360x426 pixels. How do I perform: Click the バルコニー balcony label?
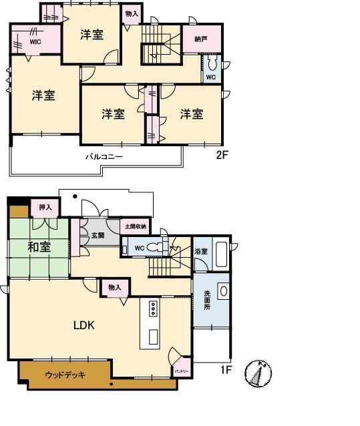point(104,157)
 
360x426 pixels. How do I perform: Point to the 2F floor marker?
point(222,156)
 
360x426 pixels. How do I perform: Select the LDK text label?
point(83,326)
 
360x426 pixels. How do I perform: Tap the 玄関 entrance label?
point(98,235)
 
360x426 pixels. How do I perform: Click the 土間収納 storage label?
point(136,227)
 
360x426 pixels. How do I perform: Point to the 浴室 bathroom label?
point(200,252)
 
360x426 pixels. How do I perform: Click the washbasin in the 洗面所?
point(223,291)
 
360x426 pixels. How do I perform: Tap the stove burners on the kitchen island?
point(153,308)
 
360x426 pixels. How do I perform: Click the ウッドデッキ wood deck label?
point(65,375)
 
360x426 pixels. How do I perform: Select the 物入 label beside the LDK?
point(114,287)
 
